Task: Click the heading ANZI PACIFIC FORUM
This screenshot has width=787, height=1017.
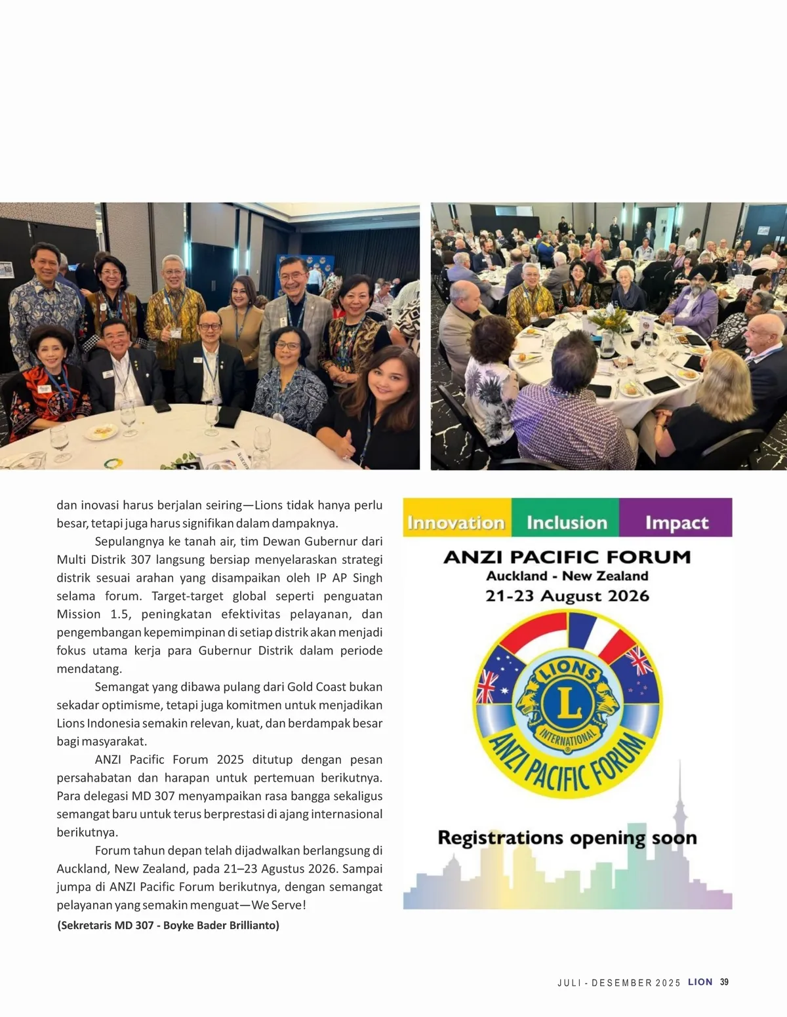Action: pyautogui.click(x=567, y=557)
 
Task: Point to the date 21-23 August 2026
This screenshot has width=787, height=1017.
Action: pyautogui.click(x=567, y=596)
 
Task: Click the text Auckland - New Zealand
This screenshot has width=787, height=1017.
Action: pyautogui.click(x=567, y=576)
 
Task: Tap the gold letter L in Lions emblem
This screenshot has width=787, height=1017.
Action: pyautogui.click(x=568, y=702)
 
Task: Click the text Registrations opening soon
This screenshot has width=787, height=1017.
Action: pyautogui.click(x=567, y=838)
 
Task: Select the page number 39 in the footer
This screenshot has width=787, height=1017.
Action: pyautogui.click(x=724, y=982)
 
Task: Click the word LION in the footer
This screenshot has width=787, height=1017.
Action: pyautogui.click(x=700, y=982)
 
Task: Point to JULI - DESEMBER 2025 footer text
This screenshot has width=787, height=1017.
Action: pyautogui.click(x=618, y=983)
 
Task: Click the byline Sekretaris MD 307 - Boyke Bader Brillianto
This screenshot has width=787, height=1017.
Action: pyautogui.click(x=169, y=925)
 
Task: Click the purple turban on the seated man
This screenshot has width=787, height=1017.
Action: pyautogui.click(x=697, y=273)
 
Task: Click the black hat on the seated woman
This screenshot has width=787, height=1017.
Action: pyautogui.click(x=50, y=333)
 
